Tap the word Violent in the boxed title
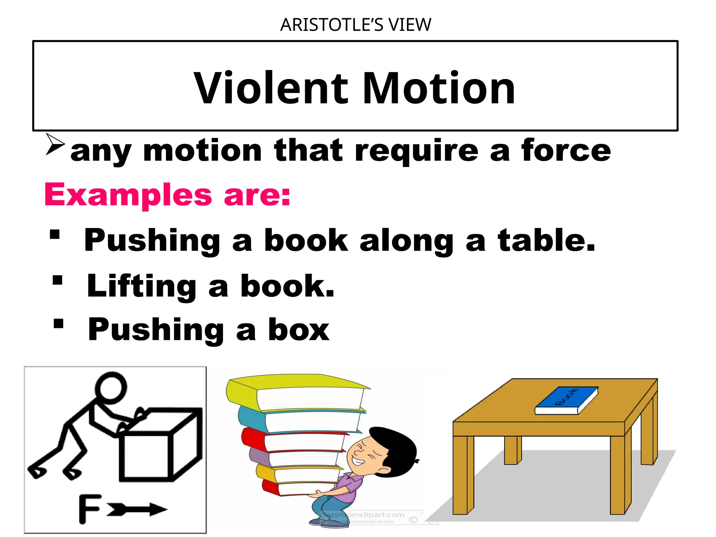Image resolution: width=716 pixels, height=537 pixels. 271,88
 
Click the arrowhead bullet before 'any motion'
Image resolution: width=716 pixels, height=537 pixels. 55,144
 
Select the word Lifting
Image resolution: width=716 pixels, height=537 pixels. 142,286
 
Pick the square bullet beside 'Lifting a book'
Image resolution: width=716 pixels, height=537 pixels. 57,280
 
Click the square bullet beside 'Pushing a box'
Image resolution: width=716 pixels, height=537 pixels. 59,324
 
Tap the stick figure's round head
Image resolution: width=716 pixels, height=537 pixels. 111,387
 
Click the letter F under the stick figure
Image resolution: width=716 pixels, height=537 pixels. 89,509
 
